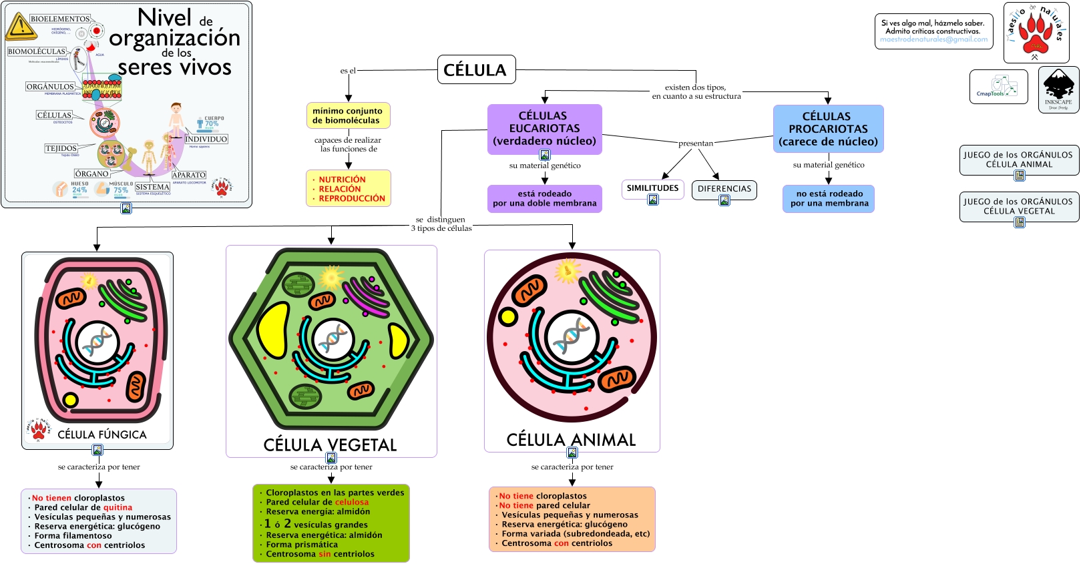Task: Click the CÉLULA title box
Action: pyautogui.click(x=476, y=69)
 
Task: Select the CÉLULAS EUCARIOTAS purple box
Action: pyautogui.click(x=544, y=128)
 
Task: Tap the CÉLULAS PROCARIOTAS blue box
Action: pyautogui.click(x=828, y=129)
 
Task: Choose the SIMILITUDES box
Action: pyautogui.click(x=652, y=188)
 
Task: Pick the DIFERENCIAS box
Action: pyautogui.click(x=724, y=189)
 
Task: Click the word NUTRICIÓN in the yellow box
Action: pyautogui.click(x=342, y=180)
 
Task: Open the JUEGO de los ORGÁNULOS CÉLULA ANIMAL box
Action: pyautogui.click(x=1018, y=160)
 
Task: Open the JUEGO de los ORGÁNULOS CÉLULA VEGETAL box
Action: pyautogui.click(x=1018, y=206)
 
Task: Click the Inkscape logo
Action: pyautogui.click(x=1058, y=88)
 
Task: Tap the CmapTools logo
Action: pyautogui.click(x=998, y=87)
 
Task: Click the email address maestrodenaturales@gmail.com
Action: pyautogui.click(x=933, y=39)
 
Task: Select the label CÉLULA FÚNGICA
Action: pyautogui.click(x=102, y=435)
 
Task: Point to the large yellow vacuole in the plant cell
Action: pyautogui.click(x=273, y=330)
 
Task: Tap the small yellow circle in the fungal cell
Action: pyautogui.click(x=69, y=400)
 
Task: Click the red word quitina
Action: pyautogui.click(x=118, y=508)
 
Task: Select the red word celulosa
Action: pyautogui.click(x=351, y=503)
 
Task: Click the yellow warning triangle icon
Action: pyautogui.click(x=21, y=27)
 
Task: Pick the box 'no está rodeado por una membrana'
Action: pyautogui.click(x=829, y=199)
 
